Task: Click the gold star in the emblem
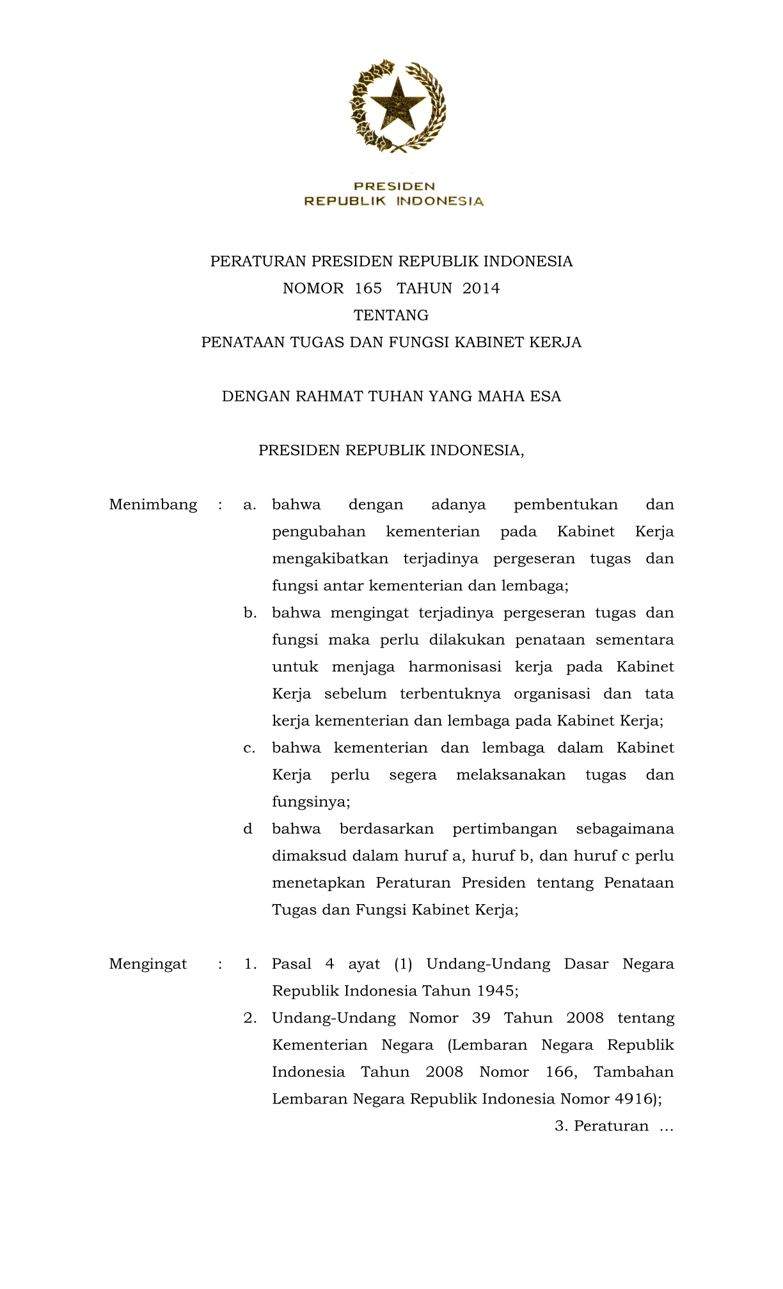click(397, 104)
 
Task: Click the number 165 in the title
click(368, 288)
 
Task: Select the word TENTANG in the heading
click(391, 315)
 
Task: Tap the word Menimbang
click(153, 504)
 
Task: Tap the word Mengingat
click(148, 964)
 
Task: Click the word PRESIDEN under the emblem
click(394, 186)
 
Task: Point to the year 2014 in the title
click(481, 288)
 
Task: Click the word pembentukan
click(565, 504)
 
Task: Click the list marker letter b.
click(249, 613)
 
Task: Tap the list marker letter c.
click(249, 748)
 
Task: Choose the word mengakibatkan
click(330, 559)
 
